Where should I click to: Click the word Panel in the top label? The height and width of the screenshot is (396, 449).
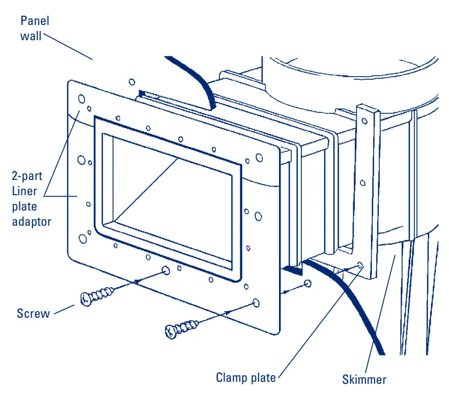coord(34,21)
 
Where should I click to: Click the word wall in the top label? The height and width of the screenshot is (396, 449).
coord(32,36)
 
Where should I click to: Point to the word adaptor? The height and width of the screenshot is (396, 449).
coord(32,222)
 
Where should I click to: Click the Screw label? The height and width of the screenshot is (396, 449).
coord(34,313)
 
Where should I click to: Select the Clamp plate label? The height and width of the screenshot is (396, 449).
coord(246,378)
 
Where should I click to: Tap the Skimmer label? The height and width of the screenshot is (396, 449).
coord(364,379)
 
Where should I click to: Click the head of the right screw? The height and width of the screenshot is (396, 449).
coord(172,332)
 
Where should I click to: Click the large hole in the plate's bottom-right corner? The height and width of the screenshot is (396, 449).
coord(256,303)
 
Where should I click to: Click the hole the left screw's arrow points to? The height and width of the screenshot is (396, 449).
coord(165,270)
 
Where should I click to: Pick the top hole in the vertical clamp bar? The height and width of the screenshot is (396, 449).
coord(364,121)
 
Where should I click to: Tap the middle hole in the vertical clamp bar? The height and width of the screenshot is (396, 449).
coord(362,182)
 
